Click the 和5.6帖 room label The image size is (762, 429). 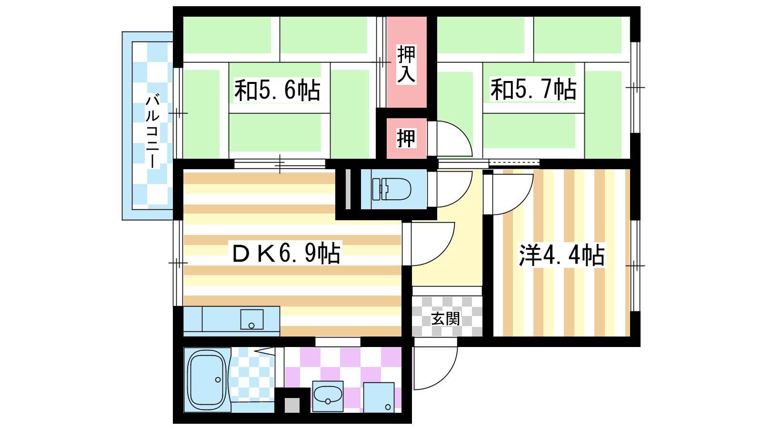tap(277, 90)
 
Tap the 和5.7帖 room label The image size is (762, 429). tap(533, 89)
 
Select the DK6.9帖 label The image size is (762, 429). tap(286, 253)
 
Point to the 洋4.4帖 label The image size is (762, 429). tap(561, 255)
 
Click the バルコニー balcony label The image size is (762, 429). tap(152, 131)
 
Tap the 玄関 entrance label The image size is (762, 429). tap(446, 319)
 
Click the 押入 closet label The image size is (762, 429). tap(407, 64)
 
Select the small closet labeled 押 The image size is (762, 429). tap(407, 138)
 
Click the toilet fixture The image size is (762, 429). tap(391, 189)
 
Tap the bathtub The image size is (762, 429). tap(207, 379)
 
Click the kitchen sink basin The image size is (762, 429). tap(252, 319)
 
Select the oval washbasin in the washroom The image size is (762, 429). tap(328, 395)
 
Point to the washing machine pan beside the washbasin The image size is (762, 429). tap(379, 398)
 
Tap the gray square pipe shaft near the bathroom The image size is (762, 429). tap(292, 405)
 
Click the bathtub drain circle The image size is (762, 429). tap(218, 379)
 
